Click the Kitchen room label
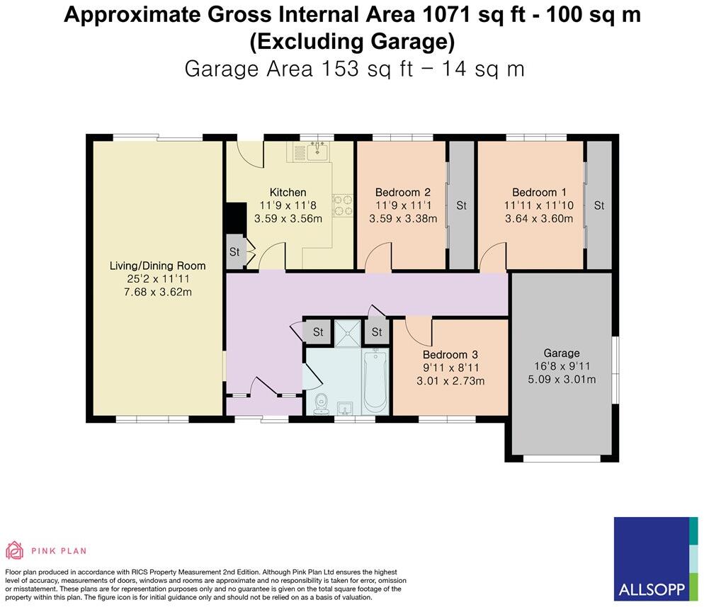coord(288,192)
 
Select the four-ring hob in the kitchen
coord(342,205)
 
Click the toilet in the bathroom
coord(321,404)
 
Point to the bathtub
coord(375,382)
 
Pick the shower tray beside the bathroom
coord(347,333)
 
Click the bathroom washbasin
coord(345,408)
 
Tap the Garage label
coord(561,353)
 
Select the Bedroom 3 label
coord(450,355)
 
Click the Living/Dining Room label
coord(158,266)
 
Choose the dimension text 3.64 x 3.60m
coord(539,219)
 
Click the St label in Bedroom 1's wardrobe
coord(599,205)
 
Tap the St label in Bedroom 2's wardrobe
coord(461,205)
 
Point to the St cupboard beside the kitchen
coord(234,252)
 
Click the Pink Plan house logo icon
coord(14,550)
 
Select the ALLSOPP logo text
coord(652,589)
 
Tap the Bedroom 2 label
coord(403,192)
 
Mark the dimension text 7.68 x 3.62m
coord(158,292)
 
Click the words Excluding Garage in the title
coord(352,42)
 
